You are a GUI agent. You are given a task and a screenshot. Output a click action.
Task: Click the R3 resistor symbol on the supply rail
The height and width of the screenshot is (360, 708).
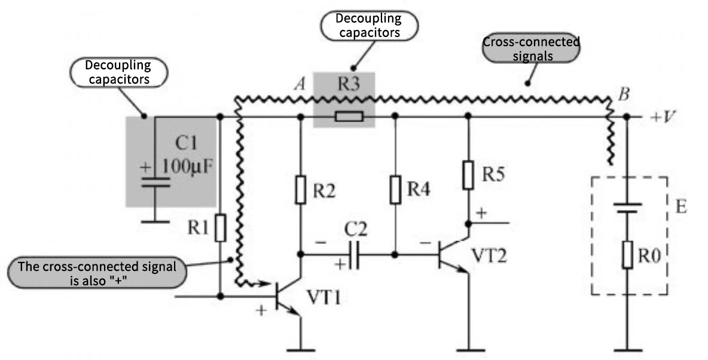(348, 117)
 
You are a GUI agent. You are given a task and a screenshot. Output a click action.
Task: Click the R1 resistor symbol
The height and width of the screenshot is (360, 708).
(221, 228)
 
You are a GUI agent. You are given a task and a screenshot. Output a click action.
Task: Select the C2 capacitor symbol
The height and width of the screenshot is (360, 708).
(355, 255)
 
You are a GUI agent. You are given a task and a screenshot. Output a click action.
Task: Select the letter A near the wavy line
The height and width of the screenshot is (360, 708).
(299, 84)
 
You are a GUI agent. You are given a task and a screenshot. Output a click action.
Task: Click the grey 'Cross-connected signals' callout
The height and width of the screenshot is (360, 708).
(531, 49)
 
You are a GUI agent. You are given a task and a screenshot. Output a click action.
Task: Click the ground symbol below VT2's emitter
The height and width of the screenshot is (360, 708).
(468, 349)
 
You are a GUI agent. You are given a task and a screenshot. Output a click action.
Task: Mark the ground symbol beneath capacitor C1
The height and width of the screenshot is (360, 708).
(155, 222)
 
